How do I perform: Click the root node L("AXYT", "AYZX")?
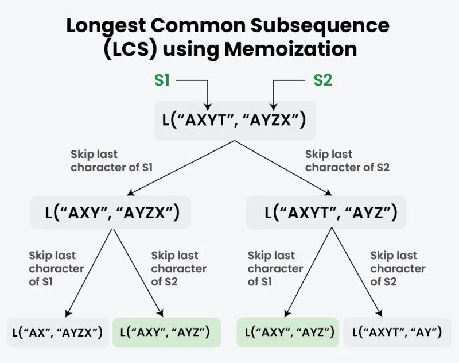[235, 121]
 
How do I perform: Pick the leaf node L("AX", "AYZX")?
[57, 332]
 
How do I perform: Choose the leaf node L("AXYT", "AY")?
[396, 332]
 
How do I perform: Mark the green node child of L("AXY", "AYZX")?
[167, 332]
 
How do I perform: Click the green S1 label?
[162, 80]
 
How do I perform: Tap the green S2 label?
[322, 80]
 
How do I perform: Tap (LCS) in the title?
[129, 49]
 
